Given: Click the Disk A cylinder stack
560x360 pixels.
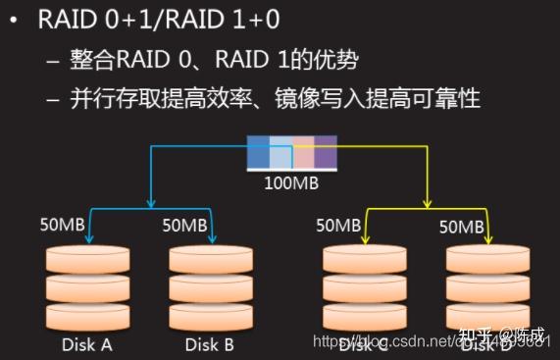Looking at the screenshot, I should [x=86, y=288].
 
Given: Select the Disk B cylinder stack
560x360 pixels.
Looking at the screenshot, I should [x=208, y=288].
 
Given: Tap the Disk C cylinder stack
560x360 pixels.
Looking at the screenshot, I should [x=365, y=288].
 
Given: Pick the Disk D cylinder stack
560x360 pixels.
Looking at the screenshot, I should [x=487, y=288].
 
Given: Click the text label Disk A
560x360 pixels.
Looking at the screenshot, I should [x=86, y=344].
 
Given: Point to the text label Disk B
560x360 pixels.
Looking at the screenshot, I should [x=208, y=344].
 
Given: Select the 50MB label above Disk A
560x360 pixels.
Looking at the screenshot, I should [x=61, y=225].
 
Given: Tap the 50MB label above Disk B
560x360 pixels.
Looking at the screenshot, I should [x=183, y=225].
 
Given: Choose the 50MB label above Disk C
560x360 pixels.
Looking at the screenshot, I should [x=338, y=225].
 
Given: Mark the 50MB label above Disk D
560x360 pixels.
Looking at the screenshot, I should [x=461, y=227].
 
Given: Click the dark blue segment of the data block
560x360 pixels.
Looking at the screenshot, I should [x=258, y=157].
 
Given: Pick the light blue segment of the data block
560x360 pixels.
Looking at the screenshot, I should [x=280, y=157].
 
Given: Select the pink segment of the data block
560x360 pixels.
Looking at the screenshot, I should [x=303, y=157].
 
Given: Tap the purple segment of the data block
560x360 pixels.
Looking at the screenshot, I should [x=326, y=157].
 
